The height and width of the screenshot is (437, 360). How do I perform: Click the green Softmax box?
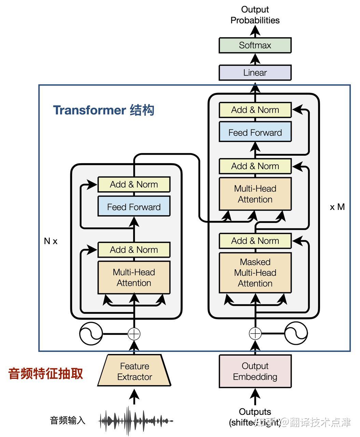coord(255,45)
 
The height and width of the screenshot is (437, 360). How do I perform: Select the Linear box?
coord(255,73)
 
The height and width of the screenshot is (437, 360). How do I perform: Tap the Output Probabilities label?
coord(255,15)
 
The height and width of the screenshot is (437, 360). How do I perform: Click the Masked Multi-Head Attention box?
coord(255,273)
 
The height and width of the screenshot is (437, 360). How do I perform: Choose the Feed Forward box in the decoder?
coord(255,132)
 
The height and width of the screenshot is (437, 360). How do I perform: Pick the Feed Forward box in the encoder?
coord(134,207)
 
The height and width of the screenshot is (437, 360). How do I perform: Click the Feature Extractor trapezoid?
coord(134,371)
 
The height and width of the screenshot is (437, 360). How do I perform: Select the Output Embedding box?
coord(255,371)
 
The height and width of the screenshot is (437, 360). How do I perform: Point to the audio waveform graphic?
coord(136,421)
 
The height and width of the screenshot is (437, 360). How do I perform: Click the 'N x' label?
coord(51,241)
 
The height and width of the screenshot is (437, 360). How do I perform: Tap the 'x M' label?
coord(337,207)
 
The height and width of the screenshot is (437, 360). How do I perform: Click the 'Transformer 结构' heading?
coord(103,110)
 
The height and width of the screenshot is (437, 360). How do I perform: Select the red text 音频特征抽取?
coord(45,373)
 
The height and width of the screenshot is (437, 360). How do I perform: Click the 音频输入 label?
coord(67,420)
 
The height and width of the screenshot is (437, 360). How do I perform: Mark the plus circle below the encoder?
coord(134,334)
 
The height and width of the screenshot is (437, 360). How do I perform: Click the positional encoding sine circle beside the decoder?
coord(296,333)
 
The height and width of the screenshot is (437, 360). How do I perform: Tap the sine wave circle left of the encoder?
coord(91,333)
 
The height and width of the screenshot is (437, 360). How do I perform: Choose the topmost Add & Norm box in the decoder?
coord(255,110)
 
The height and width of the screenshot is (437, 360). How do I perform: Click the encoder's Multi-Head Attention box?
coord(134,278)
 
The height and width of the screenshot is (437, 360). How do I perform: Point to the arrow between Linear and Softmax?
coord(255,59)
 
